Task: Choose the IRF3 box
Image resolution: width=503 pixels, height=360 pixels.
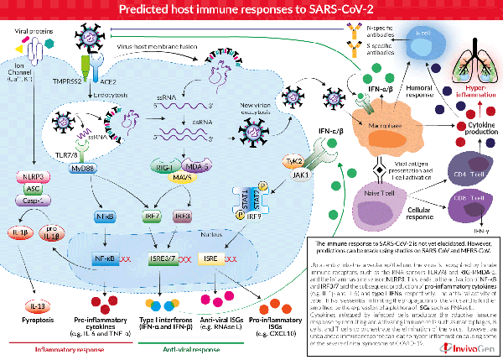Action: [x=182, y=217]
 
